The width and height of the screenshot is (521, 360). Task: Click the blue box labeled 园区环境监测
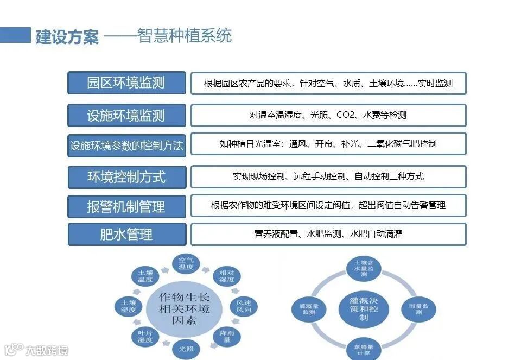tap(126, 83)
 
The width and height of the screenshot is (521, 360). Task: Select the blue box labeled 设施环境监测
tap(126, 115)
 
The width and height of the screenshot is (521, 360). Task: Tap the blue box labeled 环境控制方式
tap(126, 177)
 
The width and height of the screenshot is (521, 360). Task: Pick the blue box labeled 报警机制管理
tap(126, 207)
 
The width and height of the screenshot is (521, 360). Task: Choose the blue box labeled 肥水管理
tap(126, 235)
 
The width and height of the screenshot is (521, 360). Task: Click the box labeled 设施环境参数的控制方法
tap(126, 146)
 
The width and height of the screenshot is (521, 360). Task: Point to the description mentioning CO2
tap(328, 115)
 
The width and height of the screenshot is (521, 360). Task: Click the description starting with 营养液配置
tap(328, 234)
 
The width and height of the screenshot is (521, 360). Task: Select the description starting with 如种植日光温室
tap(328, 144)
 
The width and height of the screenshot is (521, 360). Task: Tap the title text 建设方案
tap(67, 37)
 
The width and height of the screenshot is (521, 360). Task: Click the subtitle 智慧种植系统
tap(185, 36)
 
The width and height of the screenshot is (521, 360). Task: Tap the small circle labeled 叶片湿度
tap(145, 337)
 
